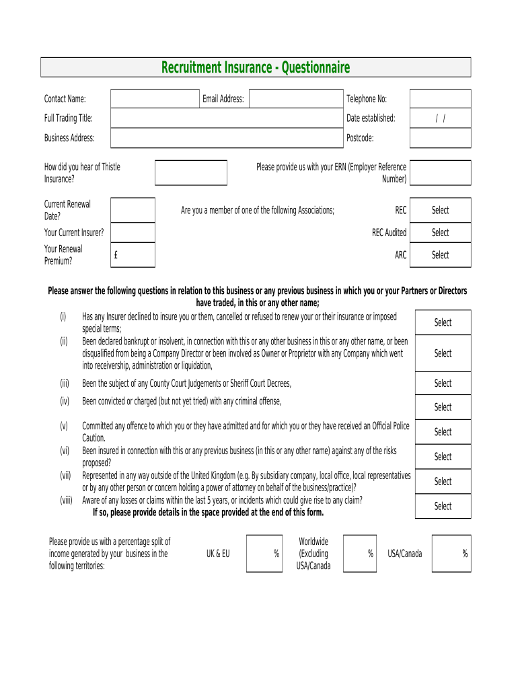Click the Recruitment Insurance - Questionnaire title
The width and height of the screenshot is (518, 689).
click(256, 67)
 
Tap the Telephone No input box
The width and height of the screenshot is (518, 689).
click(440, 99)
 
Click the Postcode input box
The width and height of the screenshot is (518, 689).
click(440, 138)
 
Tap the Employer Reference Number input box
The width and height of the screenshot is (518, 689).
click(440, 173)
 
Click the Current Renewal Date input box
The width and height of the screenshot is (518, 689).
click(133, 210)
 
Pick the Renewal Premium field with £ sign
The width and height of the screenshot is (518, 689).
click(133, 255)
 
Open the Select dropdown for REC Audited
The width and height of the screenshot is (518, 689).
click(440, 232)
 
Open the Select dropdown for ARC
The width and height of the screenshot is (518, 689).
click(440, 255)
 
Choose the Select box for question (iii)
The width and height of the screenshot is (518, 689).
click(443, 384)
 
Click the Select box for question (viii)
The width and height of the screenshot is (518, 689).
click(443, 506)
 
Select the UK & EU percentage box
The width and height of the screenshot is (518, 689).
click(264, 553)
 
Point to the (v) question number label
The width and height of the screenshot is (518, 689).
click(64, 426)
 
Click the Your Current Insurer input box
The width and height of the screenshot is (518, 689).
click(133, 232)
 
